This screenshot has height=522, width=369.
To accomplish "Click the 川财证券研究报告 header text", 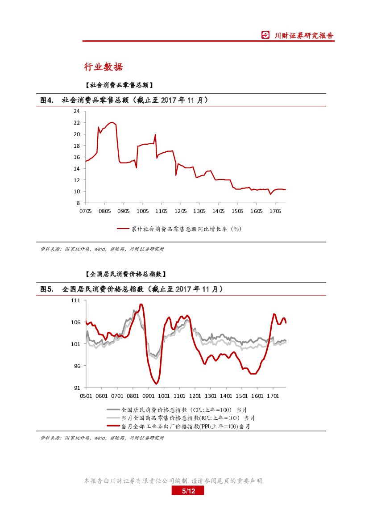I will (x=303, y=36).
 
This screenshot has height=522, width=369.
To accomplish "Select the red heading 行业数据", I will (x=104, y=67).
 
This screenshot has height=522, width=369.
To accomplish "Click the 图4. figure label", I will (x=47, y=100).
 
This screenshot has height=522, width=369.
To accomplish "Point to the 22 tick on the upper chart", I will (x=77, y=122).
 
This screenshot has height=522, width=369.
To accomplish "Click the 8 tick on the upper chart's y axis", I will (x=78, y=203).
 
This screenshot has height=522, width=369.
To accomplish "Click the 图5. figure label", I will (x=47, y=289).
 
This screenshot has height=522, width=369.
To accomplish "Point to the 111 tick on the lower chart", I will (x=75, y=301).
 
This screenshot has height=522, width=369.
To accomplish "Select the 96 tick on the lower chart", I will (x=77, y=366).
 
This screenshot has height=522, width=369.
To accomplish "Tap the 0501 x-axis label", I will (x=86, y=396).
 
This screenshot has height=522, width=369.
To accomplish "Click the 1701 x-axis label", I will (x=273, y=396).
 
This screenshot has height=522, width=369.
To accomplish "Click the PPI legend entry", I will (x=186, y=426).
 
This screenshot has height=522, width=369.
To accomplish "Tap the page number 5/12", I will (x=188, y=491).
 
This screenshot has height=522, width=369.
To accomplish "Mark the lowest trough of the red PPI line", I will (x=156, y=384).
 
